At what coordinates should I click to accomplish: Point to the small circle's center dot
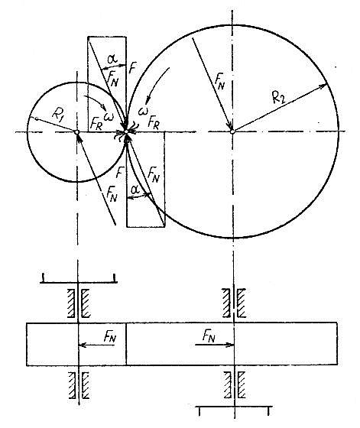point(77,132)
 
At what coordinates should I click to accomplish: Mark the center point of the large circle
point(233,132)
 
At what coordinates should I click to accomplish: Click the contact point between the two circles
point(126,133)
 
